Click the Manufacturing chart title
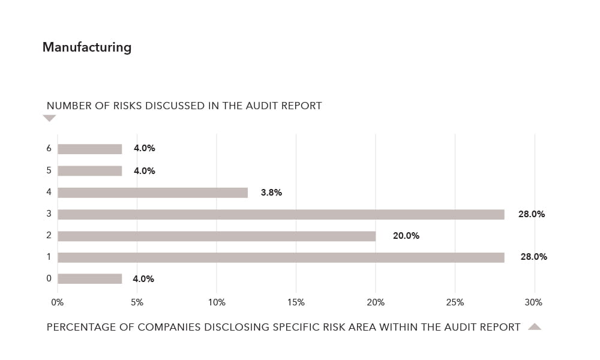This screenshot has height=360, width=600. tap(87, 47)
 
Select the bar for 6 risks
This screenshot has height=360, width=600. tap(90, 149)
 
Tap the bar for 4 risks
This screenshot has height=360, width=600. tap(152, 193)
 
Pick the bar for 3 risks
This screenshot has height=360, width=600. tap(281, 214)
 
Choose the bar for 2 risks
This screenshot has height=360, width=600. tap(217, 236)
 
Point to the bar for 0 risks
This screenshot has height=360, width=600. tap(90, 278)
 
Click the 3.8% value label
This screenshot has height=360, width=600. tap(271, 193)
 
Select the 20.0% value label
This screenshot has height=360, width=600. tap(406, 236)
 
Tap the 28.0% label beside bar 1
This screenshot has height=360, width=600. tap(533, 257)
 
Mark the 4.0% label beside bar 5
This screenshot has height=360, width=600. tap(145, 171)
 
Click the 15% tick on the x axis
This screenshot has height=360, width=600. tap(296, 302)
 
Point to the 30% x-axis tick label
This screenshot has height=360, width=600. tap(533, 302)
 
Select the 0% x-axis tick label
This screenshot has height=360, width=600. tap(58, 302)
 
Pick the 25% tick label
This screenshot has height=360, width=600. tap(455, 302)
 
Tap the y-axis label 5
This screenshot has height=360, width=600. tap(49, 170)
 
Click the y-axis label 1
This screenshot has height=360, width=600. tap(49, 257)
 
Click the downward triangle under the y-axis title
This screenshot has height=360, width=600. tap(49, 118)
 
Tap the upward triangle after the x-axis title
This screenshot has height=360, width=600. tap(535, 326)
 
